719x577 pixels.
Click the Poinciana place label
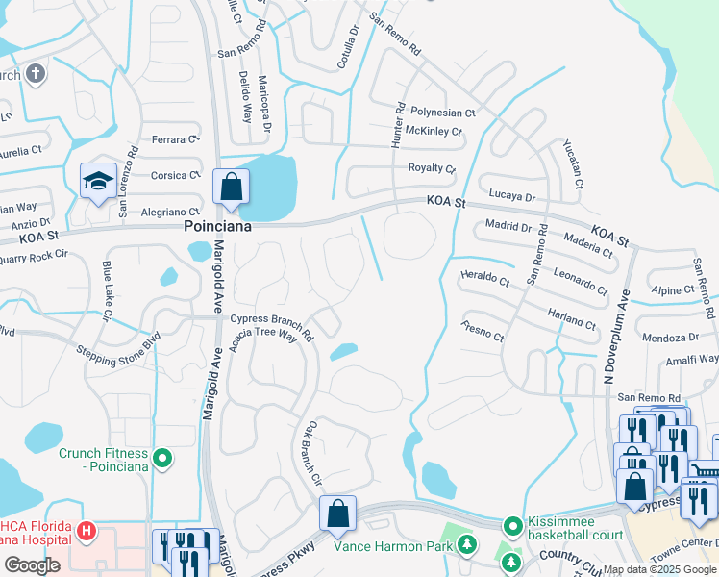coord(218,227)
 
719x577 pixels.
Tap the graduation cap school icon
coord(98,182)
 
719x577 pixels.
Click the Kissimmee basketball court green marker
coord(513,526)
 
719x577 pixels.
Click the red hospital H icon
coord(87,530)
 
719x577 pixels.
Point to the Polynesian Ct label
coord(443,113)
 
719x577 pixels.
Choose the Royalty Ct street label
coord(432,168)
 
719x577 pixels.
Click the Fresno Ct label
coord(483,332)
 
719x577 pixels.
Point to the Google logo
coord(32,565)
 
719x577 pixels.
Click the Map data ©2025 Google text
coord(658,569)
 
